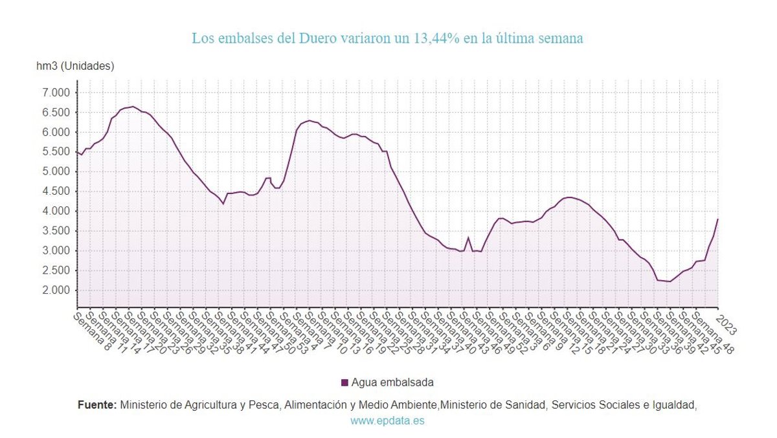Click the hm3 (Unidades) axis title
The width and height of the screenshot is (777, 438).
coord(75,66)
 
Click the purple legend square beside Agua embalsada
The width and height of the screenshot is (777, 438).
coord(344,382)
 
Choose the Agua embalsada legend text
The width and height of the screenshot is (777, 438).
coord(392,382)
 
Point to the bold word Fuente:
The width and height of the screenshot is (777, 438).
coord(97,405)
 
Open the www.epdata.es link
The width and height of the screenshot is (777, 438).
coord(388,421)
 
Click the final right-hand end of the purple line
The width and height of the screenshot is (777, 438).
coord(718,219)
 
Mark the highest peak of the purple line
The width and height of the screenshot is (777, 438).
coord(133,107)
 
